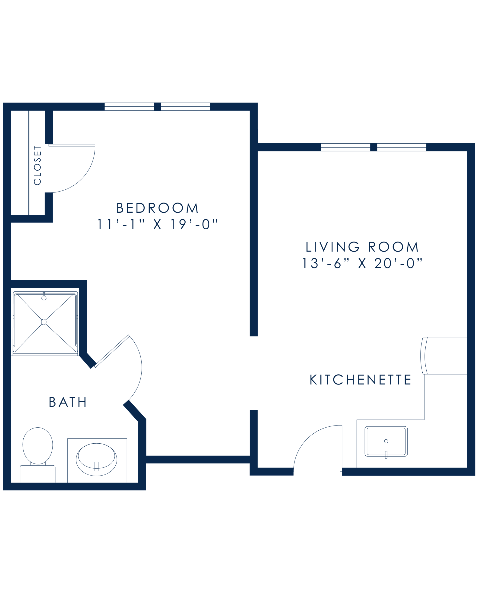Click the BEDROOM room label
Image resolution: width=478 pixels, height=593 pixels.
pos(158,208)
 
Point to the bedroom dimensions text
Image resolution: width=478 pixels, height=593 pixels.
pos(158,225)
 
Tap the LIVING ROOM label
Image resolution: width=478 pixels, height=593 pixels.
pos(362,247)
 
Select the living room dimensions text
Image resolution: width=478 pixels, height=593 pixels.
pos(362,263)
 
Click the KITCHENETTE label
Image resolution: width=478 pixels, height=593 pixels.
pos(361,380)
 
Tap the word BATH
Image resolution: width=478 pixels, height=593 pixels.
pos(68,403)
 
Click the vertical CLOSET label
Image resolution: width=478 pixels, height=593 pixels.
pos(37,165)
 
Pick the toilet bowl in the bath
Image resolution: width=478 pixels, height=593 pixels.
pos(38,445)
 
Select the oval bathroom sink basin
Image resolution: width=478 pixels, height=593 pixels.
pos(97,459)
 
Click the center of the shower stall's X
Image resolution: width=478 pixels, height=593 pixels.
pos(45,322)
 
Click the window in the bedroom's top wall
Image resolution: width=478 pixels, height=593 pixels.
pos(157,107)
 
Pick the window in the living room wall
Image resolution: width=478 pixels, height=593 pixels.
pos(373,147)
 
